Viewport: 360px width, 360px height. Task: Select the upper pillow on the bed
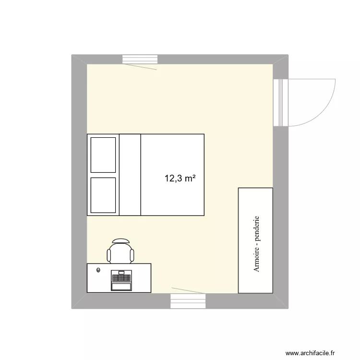[103, 155]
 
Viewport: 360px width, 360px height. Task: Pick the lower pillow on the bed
[103, 195]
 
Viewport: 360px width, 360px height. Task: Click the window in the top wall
[140, 59]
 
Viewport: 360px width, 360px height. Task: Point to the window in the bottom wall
[188, 301]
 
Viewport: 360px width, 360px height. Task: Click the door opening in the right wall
[280, 103]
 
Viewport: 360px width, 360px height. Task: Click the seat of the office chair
[120, 254]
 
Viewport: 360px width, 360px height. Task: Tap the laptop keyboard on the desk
[121, 276]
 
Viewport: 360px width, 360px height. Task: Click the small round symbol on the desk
[98, 270]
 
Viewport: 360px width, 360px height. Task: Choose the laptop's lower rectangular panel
[121, 287]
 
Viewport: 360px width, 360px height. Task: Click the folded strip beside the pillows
[130, 175]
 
